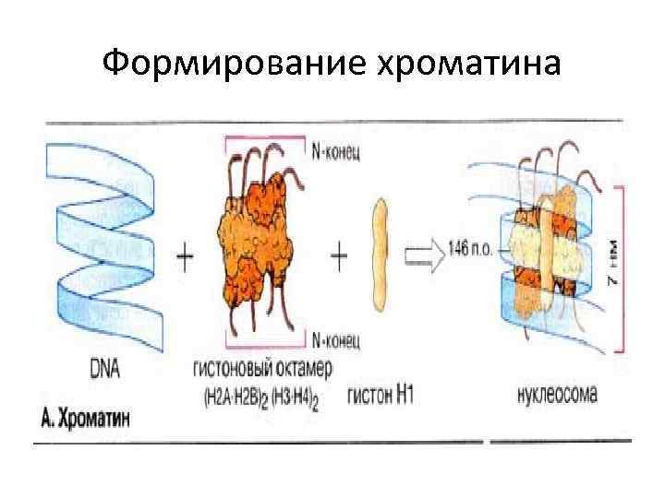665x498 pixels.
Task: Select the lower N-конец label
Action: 338,339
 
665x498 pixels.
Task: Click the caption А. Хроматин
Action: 87,417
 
